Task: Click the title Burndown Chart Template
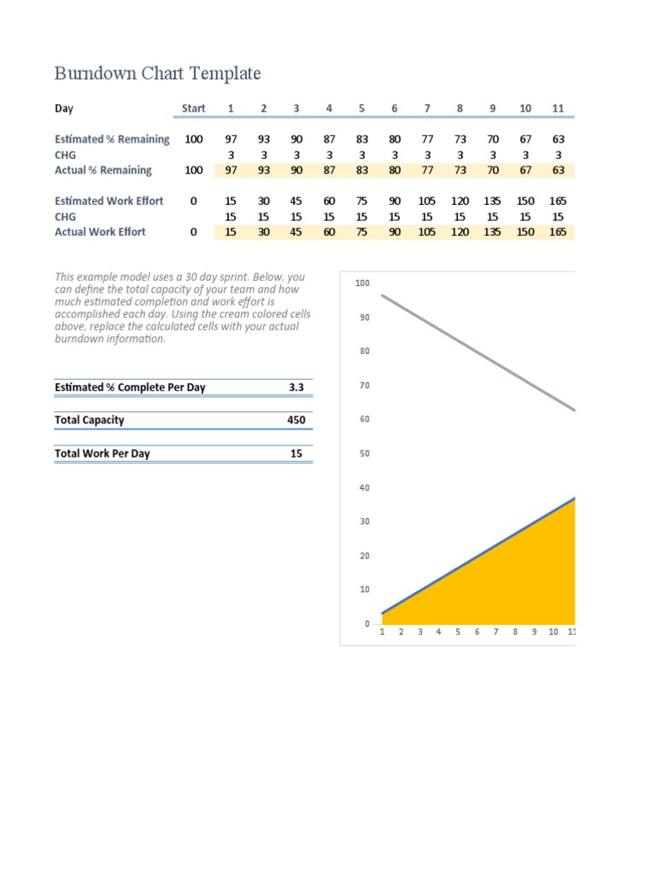tap(157, 73)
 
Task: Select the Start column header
tap(193, 108)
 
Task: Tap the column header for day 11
tap(558, 108)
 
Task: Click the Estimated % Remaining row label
tap(112, 139)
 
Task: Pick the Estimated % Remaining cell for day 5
tap(361, 139)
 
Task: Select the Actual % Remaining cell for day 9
tap(492, 170)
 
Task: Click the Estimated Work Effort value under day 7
tap(427, 201)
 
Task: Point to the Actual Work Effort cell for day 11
tap(558, 231)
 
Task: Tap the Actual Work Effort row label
tap(100, 231)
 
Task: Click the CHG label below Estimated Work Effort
tap(65, 217)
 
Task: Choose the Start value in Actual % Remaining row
tap(193, 170)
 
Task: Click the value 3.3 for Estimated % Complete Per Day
tap(296, 387)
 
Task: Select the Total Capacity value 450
tap(296, 420)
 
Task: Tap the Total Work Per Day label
tap(102, 453)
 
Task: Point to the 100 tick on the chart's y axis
tap(362, 283)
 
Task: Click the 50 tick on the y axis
tap(364, 453)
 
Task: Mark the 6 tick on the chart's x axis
tap(477, 632)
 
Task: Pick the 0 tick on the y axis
tap(366, 624)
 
